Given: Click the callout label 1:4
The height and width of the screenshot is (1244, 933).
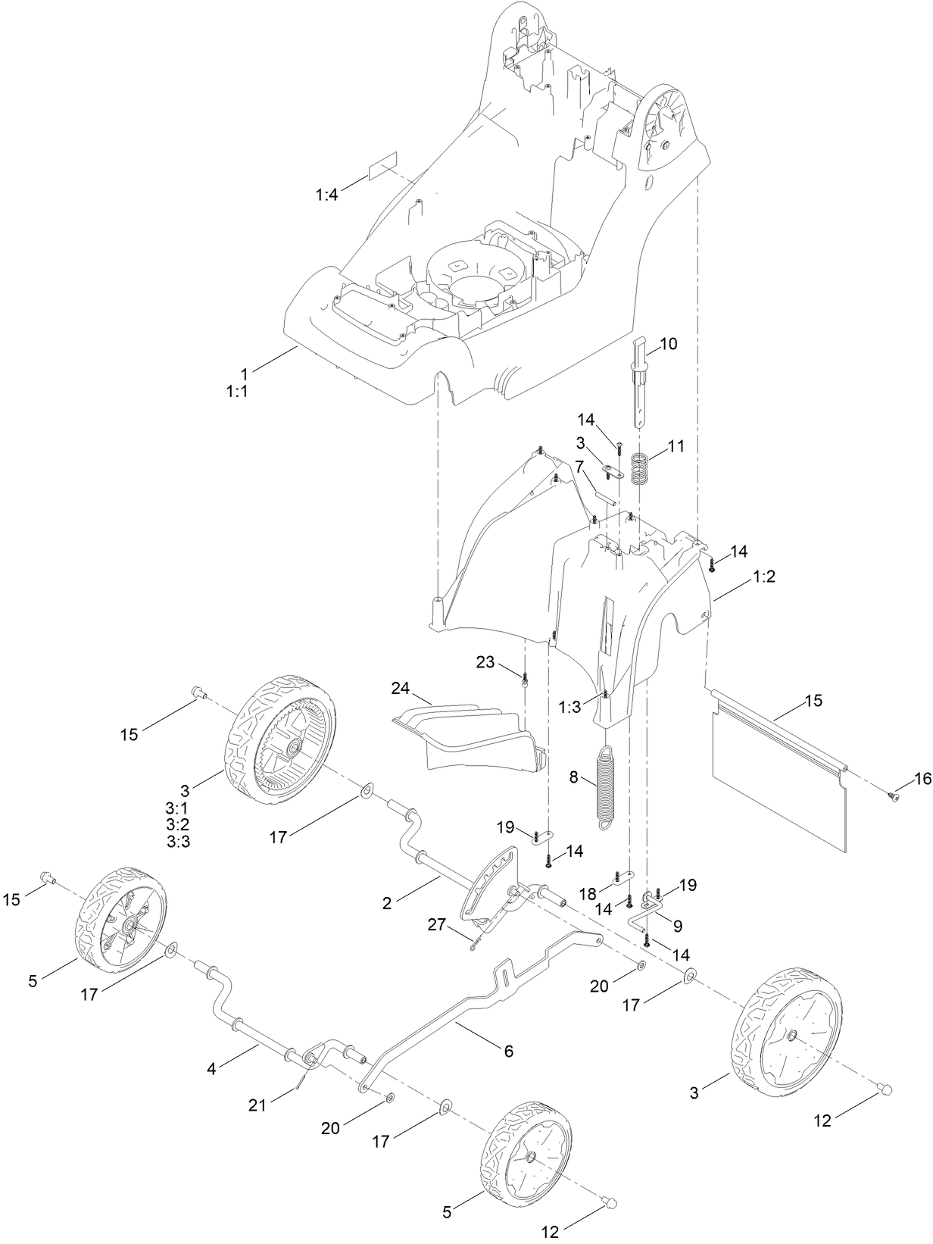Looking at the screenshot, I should pyautogui.click(x=326, y=195).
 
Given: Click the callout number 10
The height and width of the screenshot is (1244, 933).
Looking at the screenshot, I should pyautogui.click(x=668, y=344).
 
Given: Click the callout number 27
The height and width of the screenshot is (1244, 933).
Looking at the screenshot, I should pyautogui.click(x=435, y=926).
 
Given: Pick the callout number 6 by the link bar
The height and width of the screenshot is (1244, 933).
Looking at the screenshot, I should pyautogui.click(x=508, y=1051).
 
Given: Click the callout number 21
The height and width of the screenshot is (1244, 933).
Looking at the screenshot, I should pyautogui.click(x=258, y=1105).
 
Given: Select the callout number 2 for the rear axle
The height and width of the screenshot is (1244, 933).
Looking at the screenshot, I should pyautogui.click(x=387, y=903).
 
